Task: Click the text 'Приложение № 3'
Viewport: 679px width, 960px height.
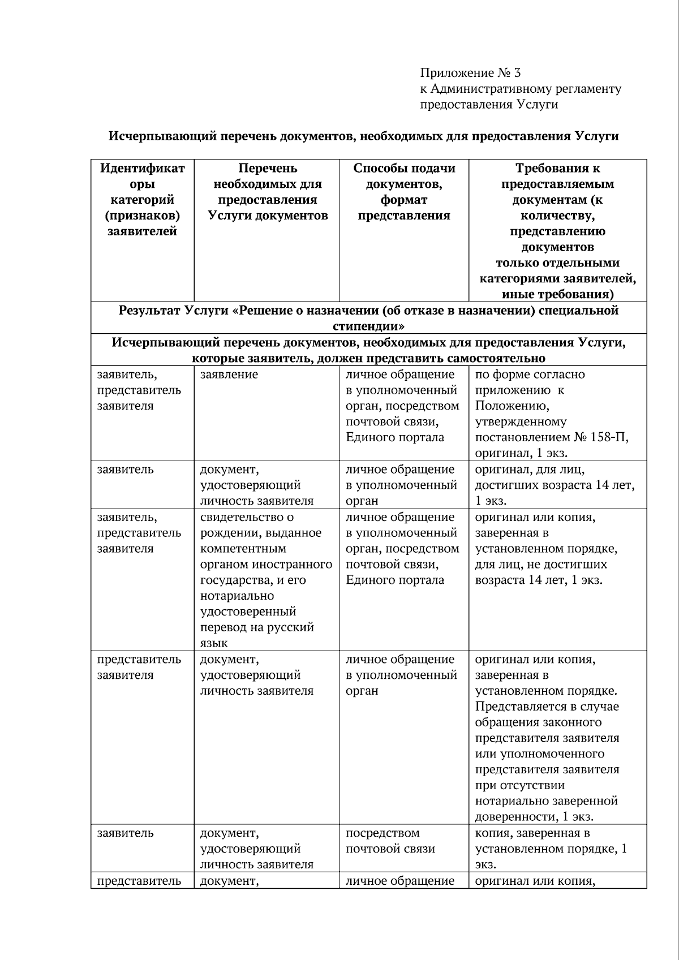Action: [470, 73]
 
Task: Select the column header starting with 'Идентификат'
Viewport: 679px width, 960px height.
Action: [143, 199]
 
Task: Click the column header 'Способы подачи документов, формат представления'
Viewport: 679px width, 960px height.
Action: [404, 192]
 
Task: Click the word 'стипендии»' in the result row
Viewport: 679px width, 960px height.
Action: [368, 326]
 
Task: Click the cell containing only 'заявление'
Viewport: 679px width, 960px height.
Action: [229, 374]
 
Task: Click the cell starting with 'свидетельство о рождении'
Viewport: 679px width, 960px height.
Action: [266, 579]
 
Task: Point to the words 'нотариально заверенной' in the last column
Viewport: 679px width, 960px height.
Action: [546, 801]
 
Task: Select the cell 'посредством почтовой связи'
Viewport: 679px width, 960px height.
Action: [390, 841]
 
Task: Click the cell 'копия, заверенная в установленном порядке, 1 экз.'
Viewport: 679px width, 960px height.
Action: [551, 848]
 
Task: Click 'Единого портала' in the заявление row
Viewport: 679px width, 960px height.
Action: [395, 437]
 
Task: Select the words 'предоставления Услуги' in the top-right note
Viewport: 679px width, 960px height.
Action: [489, 105]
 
